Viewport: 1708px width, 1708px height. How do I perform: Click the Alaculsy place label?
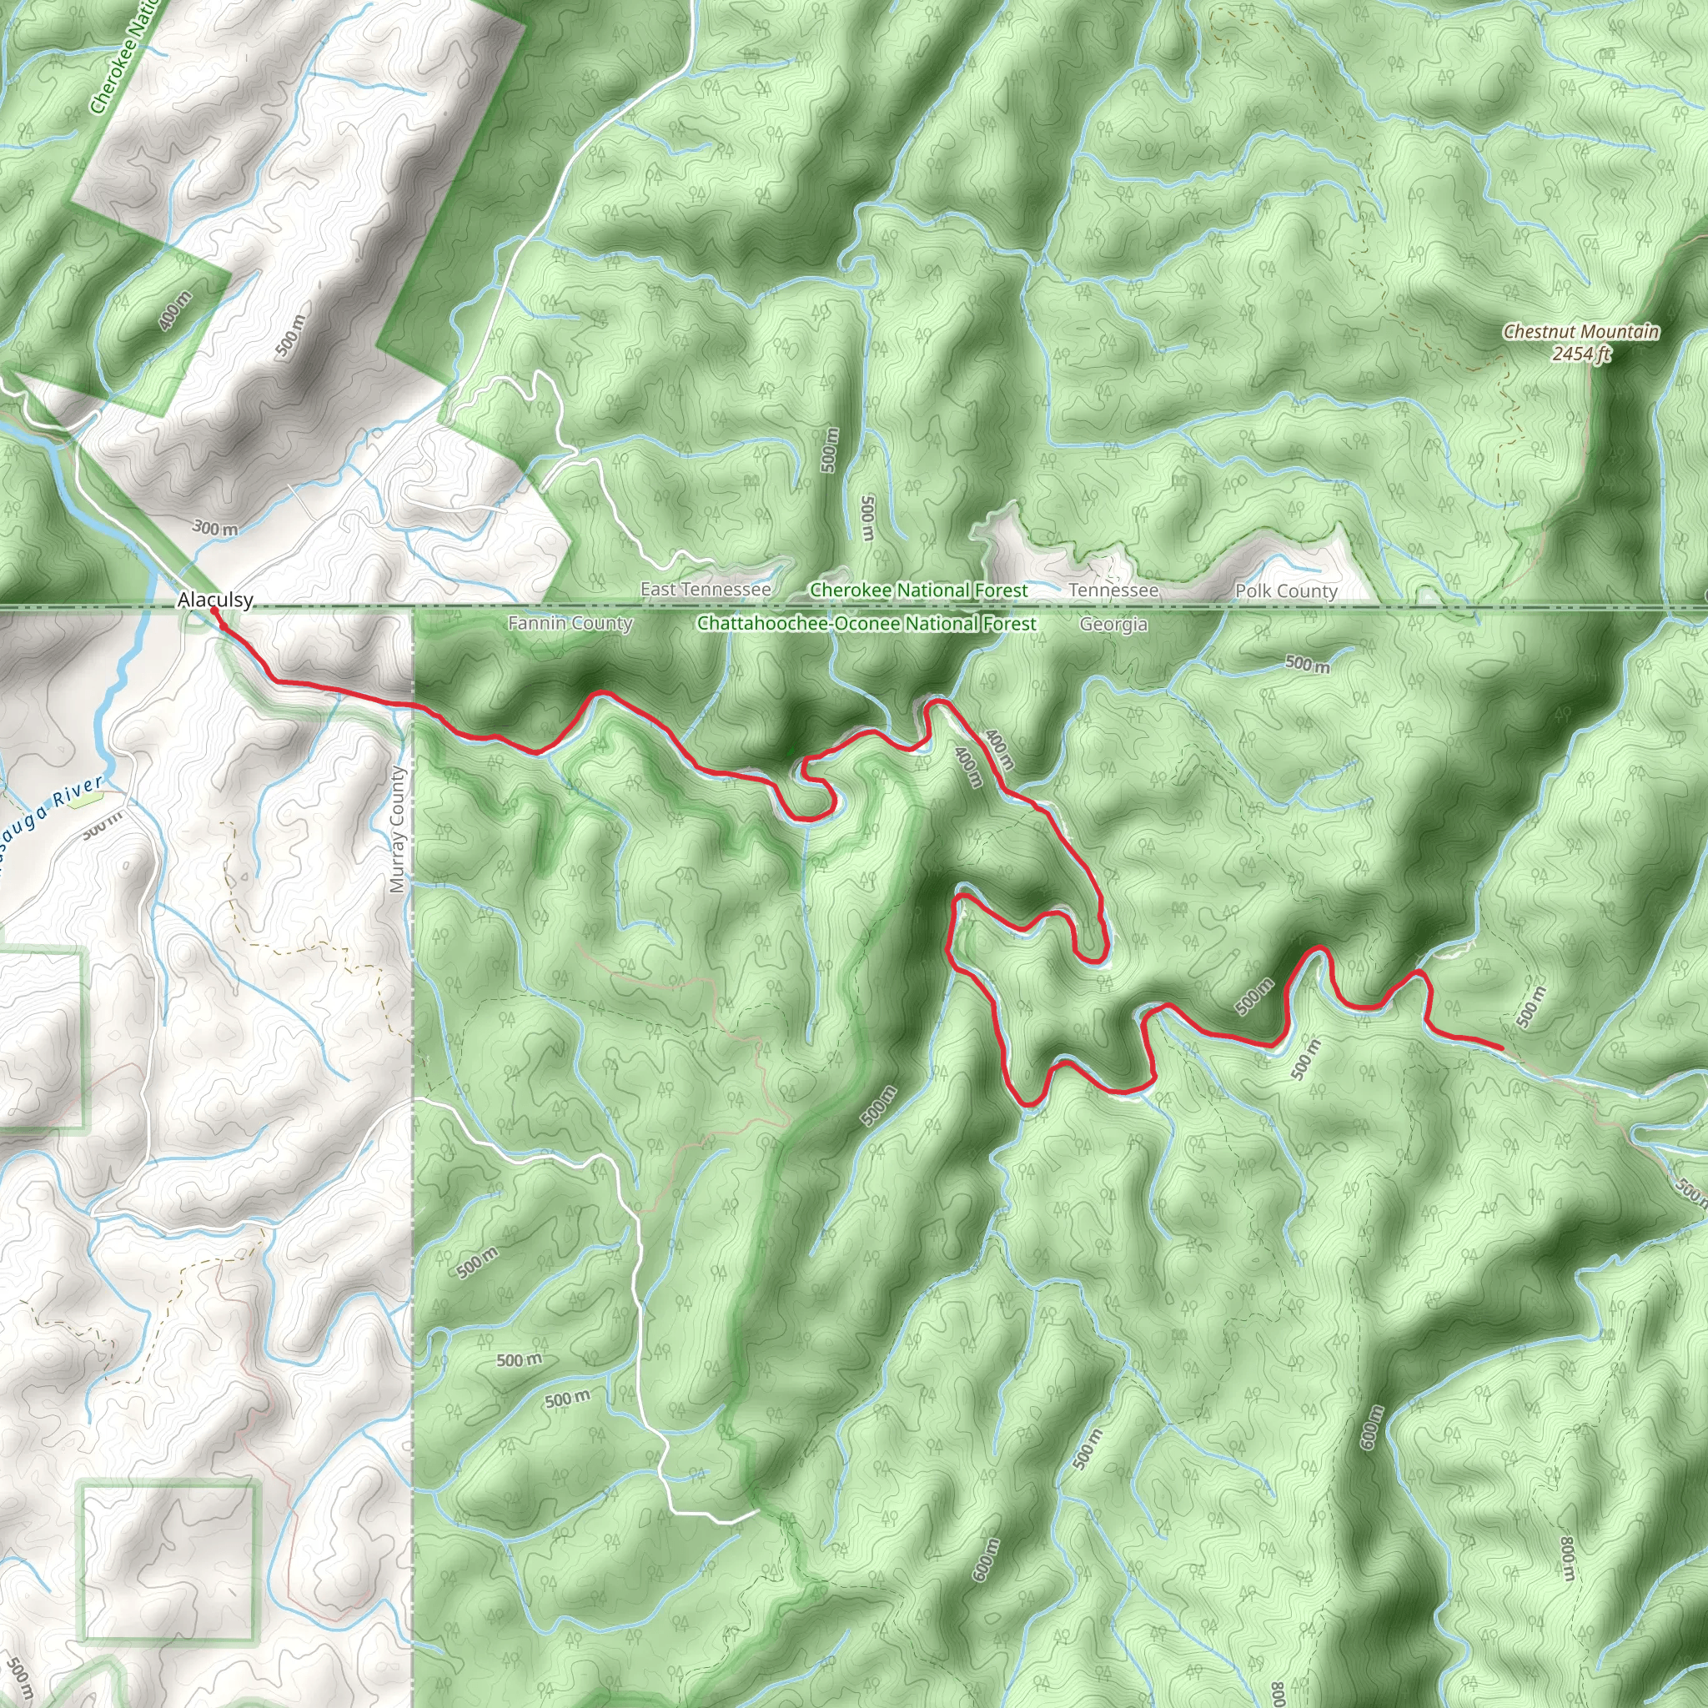(x=215, y=600)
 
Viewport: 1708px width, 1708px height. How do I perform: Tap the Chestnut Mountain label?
(x=1580, y=332)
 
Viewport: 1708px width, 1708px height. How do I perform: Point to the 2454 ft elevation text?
(x=1580, y=354)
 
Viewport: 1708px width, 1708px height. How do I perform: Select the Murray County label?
(x=397, y=829)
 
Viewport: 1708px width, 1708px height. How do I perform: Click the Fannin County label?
(x=570, y=623)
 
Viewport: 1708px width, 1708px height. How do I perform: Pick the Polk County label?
(x=1285, y=590)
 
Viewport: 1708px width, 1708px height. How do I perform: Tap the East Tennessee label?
(x=706, y=589)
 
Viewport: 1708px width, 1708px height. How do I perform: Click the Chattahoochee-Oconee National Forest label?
(x=867, y=623)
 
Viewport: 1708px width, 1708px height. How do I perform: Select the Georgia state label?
(x=1113, y=624)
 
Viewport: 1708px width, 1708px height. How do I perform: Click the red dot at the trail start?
(x=214, y=610)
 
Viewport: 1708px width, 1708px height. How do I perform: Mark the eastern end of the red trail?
(x=1502, y=1047)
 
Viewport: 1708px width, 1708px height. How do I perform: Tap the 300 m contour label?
(x=216, y=529)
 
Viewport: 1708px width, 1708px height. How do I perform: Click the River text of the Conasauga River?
(x=78, y=792)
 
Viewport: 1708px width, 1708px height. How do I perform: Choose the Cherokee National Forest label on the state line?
(x=918, y=590)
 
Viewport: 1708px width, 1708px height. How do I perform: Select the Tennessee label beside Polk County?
(x=1113, y=590)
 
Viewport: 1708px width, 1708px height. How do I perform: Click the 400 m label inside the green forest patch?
(x=175, y=311)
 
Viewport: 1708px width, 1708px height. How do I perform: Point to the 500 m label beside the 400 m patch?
(x=291, y=336)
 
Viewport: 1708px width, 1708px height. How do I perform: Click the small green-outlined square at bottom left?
(x=168, y=1560)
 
